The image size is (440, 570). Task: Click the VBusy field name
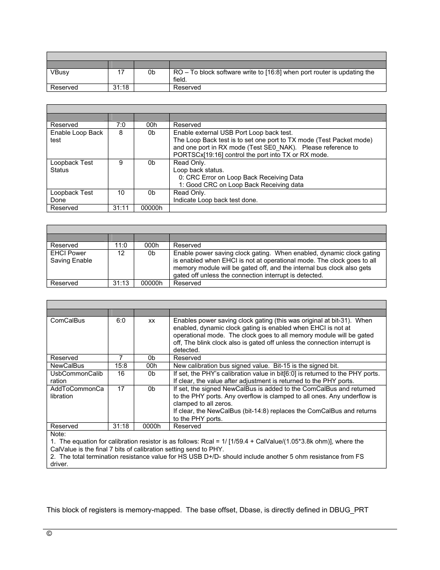60,72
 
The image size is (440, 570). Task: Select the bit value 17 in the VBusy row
121,72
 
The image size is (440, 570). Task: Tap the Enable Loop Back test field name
77,136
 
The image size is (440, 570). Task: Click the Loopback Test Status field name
71,166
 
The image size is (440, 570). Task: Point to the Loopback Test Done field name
71,196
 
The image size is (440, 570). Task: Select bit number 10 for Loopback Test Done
121,193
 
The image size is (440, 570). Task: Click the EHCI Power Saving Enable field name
71,257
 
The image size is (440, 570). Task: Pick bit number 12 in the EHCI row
121,253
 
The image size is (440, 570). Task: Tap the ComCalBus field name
67,321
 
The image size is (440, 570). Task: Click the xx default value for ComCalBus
151,321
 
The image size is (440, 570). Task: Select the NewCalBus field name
67,366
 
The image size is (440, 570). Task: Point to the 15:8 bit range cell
121,366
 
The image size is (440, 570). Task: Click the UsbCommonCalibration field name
77,377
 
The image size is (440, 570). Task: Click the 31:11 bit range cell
121,208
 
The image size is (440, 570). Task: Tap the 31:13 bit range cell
121,283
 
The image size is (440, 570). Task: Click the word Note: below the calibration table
58,434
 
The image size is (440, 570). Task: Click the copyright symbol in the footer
49,534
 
